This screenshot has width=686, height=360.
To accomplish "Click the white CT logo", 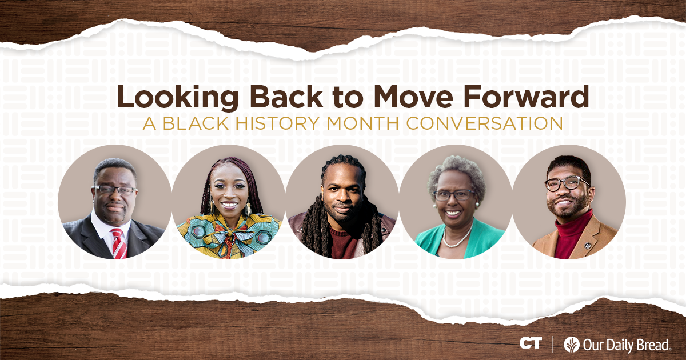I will point(531,343).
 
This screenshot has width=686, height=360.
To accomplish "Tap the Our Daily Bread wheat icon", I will point(571,344).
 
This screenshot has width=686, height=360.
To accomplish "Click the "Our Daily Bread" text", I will point(627,344).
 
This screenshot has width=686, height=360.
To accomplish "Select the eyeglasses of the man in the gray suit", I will point(115,190).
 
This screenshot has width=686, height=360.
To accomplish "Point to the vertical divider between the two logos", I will point(552,344).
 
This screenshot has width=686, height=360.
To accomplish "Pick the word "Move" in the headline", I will point(416,98).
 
